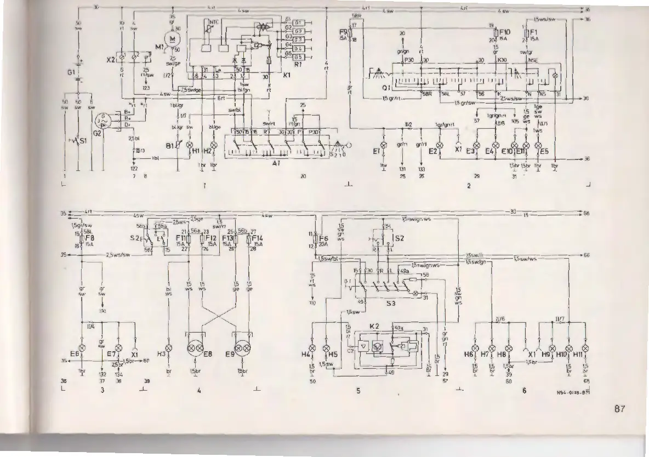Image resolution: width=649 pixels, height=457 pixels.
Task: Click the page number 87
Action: pyautogui.click(x=619, y=408)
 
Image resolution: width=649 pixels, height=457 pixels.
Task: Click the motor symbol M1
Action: pyautogui.click(x=174, y=38)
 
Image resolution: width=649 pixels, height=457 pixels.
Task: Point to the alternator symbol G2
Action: pyautogui.click(x=112, y=121)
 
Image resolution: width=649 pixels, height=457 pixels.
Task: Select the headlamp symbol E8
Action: pyautogui.click(x=196, y=348)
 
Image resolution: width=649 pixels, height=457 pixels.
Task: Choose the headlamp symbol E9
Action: pyautogui.click(x=242, y=348)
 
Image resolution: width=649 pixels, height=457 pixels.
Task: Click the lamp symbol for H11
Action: pyautogui.click(x=585, y=348)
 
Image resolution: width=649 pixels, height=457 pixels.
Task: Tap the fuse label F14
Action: pyautogui.click(x=259, y=239)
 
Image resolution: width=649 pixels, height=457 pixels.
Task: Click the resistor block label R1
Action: pyautogui.click(x=299, y=64)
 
